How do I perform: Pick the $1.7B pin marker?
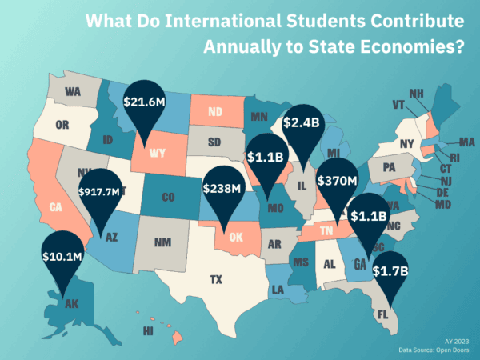390,272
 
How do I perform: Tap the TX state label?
216,280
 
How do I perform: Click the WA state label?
73,92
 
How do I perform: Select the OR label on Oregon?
63,125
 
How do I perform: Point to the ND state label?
215,112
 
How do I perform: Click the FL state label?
382,315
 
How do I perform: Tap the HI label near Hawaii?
148,330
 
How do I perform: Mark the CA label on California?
55,207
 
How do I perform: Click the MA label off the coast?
466,142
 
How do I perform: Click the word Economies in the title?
414,47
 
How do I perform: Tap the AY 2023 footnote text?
457,340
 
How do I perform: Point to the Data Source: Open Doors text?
434,350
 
